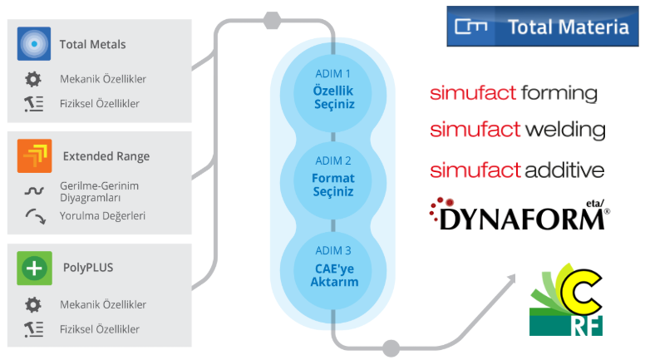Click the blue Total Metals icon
pyautogui.click(x=34, y=43)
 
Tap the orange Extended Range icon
pyautogui.click(x=34, y=155)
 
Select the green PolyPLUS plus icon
pyautogui.click(x=34, y=268)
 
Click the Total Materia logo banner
pyautogui.click(x=543, y=27)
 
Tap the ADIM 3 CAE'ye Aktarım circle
pyautogui.click(x=333, y=265)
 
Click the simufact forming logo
pyautogui.click(x=513, y=92)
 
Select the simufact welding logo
pyautogui.click(x=517, y=130)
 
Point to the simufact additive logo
pyautogui.click(x=516, y=170)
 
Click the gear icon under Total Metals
pyautogui.click(x=33, y=79)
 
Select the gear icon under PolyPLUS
pyautogui.click(x=33, y=304)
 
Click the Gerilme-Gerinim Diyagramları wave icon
pyautogui.click(x=33, y=190)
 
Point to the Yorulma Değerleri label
pyautogui.click(x=102, y=215)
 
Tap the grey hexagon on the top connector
pyautogui.click(x=271, y=18)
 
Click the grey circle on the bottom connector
pyautogui.click(x=391, y=348)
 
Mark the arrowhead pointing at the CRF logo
pyautogui.click(x=510, y=282)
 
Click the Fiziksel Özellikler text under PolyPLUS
pyautogui.click(x=99, y=329)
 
